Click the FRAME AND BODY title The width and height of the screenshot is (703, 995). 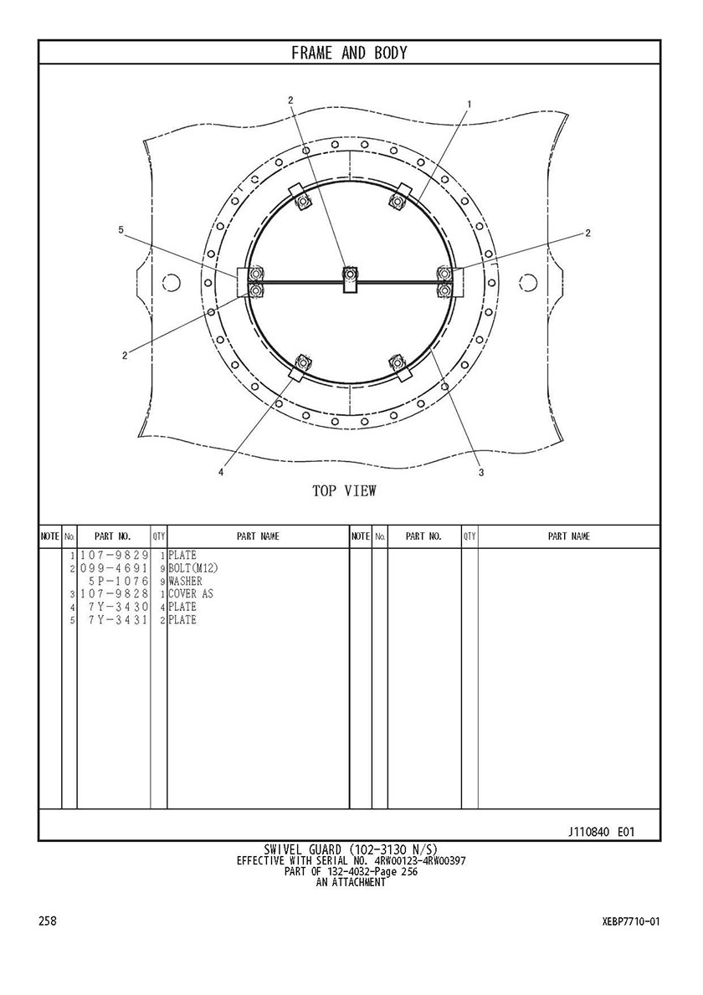[x=349, y=53]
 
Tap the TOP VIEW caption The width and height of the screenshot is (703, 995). [x=345, y=490]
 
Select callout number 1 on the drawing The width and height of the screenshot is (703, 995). [x=469, y=103]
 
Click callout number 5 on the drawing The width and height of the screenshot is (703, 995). [x=121, y=230]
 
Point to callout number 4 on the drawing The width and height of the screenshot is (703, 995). [x=221, y=471]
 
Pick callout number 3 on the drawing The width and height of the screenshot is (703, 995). [x=481, y=472]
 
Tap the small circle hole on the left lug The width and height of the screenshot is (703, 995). [x=172, y=281]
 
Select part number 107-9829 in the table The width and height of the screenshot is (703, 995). [x=114, y=556]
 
